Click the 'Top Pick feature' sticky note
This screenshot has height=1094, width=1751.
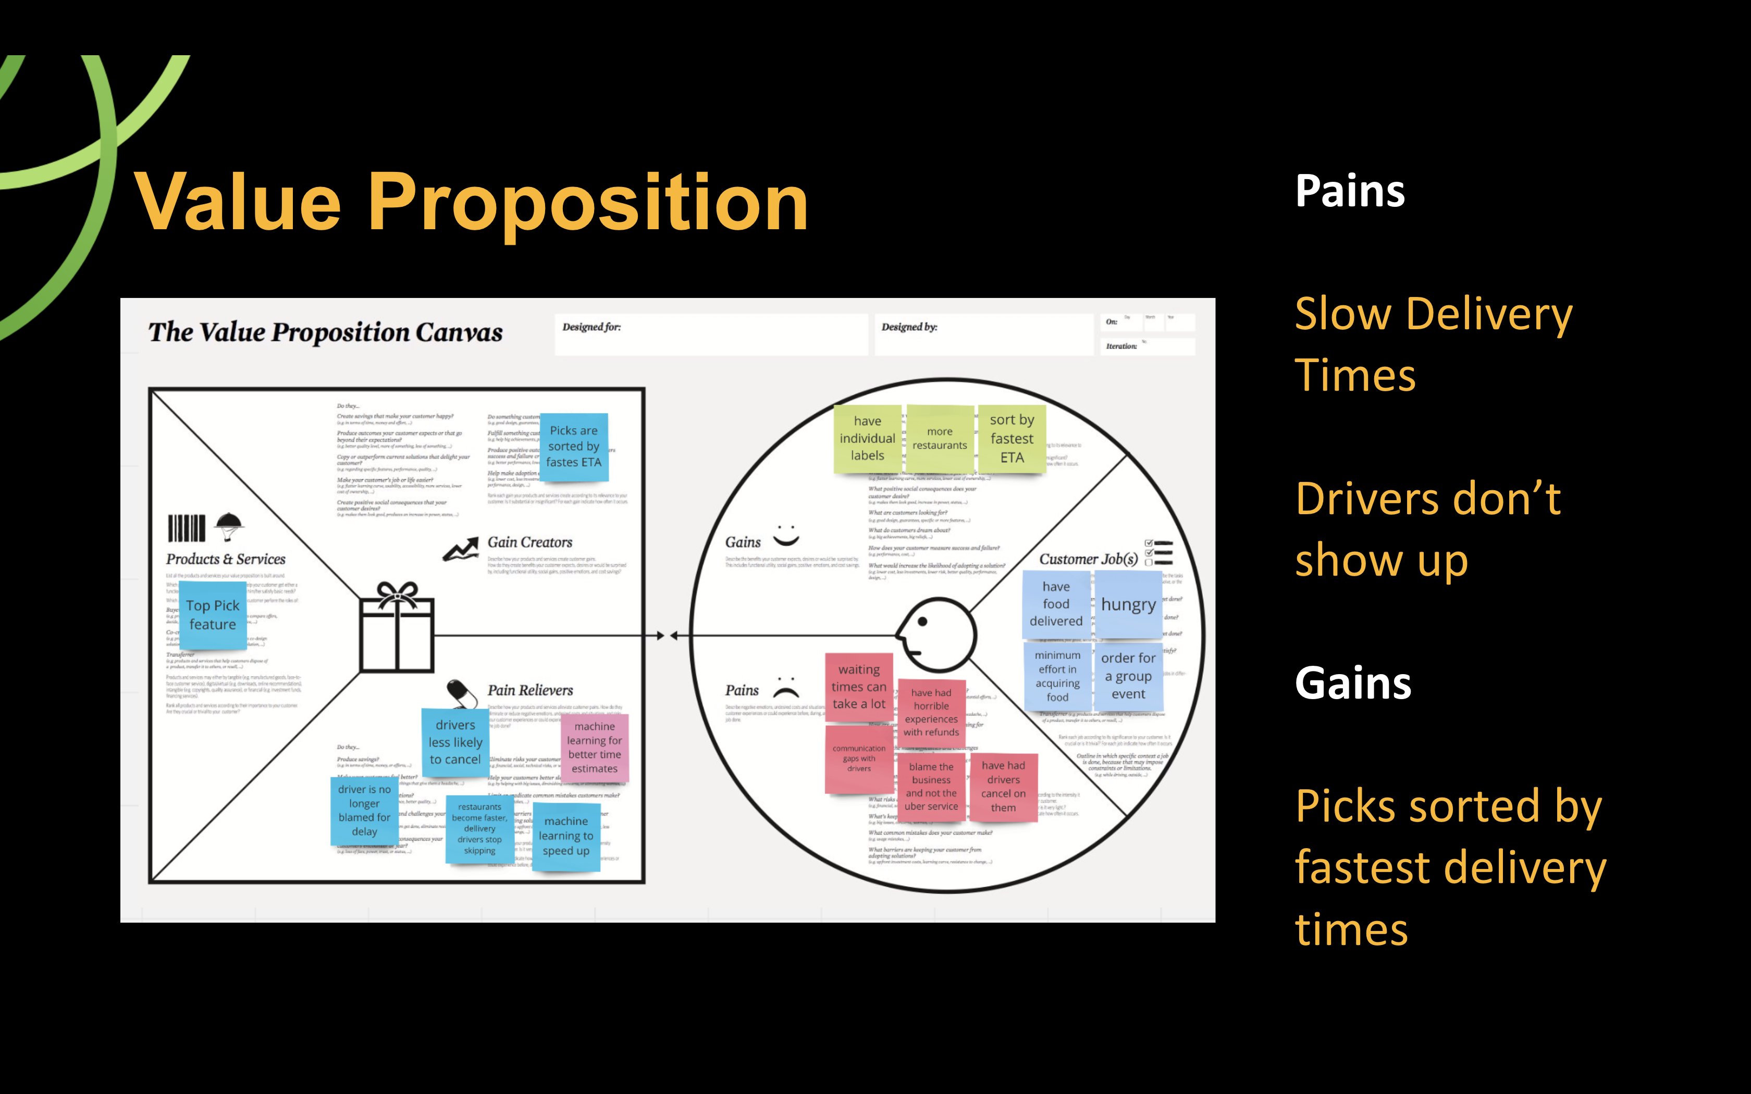pos(212,615)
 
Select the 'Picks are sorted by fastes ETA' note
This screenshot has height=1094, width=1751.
pos(574,446)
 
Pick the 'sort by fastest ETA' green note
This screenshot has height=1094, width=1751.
pos(1012,439)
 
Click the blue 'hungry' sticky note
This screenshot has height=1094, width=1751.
pos(1128,604)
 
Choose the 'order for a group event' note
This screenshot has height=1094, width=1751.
pos(1128,676)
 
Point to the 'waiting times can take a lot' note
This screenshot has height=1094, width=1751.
pos(859,687)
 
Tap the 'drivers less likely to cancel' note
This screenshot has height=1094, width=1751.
pos(455,742)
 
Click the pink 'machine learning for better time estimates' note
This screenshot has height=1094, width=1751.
pos(595,748)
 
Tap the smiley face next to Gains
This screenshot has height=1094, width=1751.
pos(786,536)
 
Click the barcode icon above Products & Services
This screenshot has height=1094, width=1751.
pos(187,528)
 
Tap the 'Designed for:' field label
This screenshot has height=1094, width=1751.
pos(591,327)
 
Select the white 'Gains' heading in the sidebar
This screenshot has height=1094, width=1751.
pos(1352,683)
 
